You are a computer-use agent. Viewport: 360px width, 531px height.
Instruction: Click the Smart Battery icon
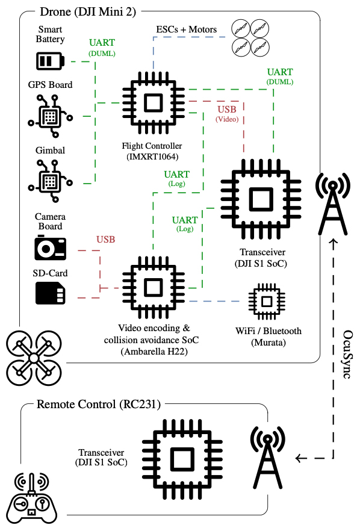[50, 61]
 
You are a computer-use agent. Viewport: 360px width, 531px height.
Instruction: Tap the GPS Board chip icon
[50, 116]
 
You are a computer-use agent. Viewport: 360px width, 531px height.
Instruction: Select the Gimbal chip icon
[50, 181]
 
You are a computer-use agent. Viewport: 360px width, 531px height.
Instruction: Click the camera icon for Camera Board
[50, 247]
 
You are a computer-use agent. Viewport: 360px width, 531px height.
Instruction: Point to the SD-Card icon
[50, 293]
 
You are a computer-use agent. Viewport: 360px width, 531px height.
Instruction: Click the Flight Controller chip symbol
[154, 102]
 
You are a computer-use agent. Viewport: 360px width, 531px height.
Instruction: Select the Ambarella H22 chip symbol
[154, 288]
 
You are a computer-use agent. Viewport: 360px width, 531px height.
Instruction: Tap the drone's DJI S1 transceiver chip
[261, 199]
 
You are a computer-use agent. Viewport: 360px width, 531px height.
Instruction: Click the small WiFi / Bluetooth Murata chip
[267, 302]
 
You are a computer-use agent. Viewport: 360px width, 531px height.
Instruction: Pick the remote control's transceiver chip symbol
[182, 459]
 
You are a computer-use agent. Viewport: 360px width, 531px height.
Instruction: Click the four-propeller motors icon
[250, 37]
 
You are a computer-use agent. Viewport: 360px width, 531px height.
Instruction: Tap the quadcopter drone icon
[34, 358]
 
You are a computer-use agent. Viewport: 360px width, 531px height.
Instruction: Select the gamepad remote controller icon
[32, 498]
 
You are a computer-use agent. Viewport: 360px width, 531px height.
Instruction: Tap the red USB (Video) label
[227, 113]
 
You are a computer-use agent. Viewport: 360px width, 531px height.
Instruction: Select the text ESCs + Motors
[186, 29]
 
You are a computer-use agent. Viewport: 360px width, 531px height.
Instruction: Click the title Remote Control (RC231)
[99, 404]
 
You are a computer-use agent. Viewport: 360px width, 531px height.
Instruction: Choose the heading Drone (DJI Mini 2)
[88, 12]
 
